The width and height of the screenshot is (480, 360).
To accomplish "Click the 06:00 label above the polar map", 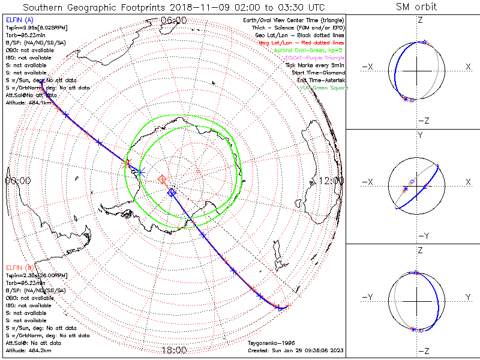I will [174, 20].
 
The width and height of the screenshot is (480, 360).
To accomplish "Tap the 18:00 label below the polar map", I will [174, 350].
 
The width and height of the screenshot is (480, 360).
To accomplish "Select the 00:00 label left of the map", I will [17, 180].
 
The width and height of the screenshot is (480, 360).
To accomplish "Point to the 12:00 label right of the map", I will [331, 180].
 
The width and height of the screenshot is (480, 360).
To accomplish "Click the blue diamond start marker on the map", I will [172, 193].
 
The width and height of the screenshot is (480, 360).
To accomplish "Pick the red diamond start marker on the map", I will [161, 179].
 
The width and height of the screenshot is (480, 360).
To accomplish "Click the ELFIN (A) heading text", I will [20, 20].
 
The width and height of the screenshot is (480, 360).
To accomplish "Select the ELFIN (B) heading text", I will [20, 267].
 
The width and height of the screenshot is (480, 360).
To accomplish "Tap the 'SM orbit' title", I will [416, 7].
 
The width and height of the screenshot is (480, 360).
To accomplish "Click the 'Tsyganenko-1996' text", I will [268, 343].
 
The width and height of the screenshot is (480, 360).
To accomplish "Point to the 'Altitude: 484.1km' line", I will [28, 102].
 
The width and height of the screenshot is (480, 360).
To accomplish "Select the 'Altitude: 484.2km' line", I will [28, 350].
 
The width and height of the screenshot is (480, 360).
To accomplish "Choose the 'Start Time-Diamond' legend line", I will [318, 72].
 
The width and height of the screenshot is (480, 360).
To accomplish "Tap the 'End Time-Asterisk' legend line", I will [320, 80].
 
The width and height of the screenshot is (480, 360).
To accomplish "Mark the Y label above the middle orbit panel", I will [419, 135].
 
